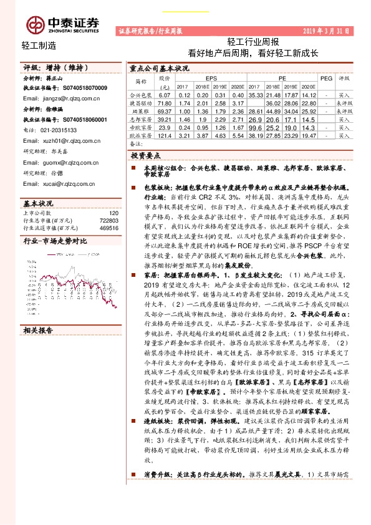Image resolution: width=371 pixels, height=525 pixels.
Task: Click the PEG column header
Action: pos(326,79)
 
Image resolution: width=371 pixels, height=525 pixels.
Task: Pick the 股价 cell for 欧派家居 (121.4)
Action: pos(165,135)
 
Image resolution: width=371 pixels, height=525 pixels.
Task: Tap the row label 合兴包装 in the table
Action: pos(140,94)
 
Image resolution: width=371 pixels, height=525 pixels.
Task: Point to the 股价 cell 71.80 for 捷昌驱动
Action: pos(165,102)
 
